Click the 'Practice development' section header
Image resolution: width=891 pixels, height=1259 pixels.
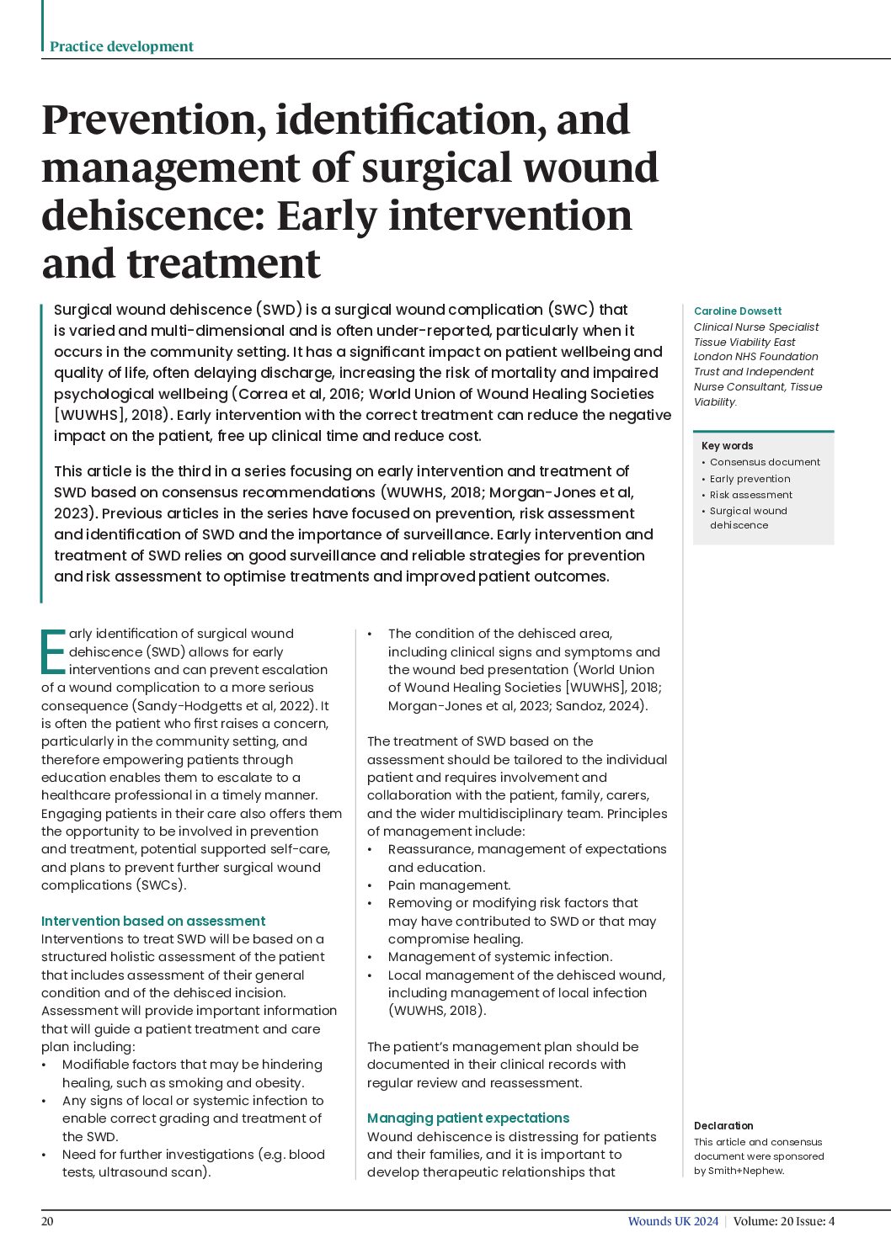coord(121,46)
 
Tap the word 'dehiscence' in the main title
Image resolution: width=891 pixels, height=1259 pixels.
coord(151,215)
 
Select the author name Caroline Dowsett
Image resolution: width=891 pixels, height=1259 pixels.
coord(737,311)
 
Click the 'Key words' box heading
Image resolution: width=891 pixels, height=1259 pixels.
coord(727,446)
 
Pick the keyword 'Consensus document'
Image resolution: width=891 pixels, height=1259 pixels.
coord(764,462)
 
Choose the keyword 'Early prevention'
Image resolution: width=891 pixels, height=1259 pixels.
coord(750,479)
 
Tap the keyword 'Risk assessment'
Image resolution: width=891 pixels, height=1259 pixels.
coord(750,495)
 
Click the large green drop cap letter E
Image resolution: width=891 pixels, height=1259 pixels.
coord(53,652)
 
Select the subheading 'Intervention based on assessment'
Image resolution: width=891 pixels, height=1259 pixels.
coord(153,921)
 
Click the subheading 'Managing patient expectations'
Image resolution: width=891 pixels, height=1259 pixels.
coord(468,1118)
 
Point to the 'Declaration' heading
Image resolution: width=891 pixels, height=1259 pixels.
coord(723,1125)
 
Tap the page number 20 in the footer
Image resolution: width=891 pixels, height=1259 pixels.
coord(47,1221)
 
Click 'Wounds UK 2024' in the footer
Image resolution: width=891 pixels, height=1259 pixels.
coord(673,1221)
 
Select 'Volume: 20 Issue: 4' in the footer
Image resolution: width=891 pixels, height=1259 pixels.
coord(783,1221)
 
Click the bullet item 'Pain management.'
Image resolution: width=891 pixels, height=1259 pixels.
coord(449,885)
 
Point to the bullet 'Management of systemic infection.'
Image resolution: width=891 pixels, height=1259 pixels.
coord(500,957)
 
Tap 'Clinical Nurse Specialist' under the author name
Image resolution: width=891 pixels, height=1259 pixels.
coord(755,327)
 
